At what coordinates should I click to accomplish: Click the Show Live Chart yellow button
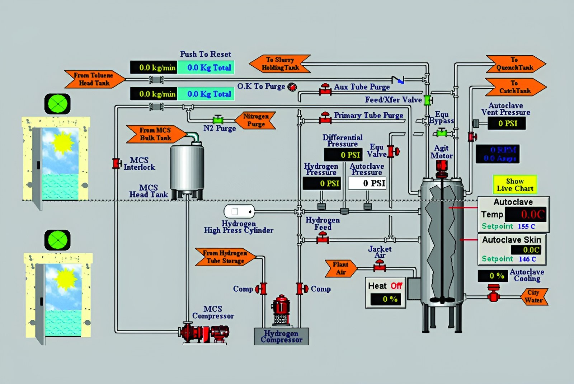click(515, 185)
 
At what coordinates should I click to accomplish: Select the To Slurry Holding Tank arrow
click(279, 64)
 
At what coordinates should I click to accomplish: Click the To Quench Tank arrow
click(516, 64)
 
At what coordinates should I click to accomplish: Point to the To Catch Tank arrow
click(516, 87)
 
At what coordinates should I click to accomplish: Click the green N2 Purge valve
click(218, 119)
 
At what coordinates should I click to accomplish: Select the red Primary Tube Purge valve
click(325, 118)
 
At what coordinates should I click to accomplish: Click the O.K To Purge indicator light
click(292, 86)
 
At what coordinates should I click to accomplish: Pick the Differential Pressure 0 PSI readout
click(343, 155)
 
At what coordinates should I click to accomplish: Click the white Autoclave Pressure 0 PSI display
click(367, 183)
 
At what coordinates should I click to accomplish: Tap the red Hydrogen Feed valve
click(323, 238)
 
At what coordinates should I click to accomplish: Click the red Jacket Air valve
click(380, 266)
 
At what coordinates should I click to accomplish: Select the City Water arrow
click(534, 296)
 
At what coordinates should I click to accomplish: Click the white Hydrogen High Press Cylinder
click(239, 212)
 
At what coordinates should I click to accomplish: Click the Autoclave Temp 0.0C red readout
click(526, 214)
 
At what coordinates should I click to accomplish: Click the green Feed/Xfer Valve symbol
click(428, 100)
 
